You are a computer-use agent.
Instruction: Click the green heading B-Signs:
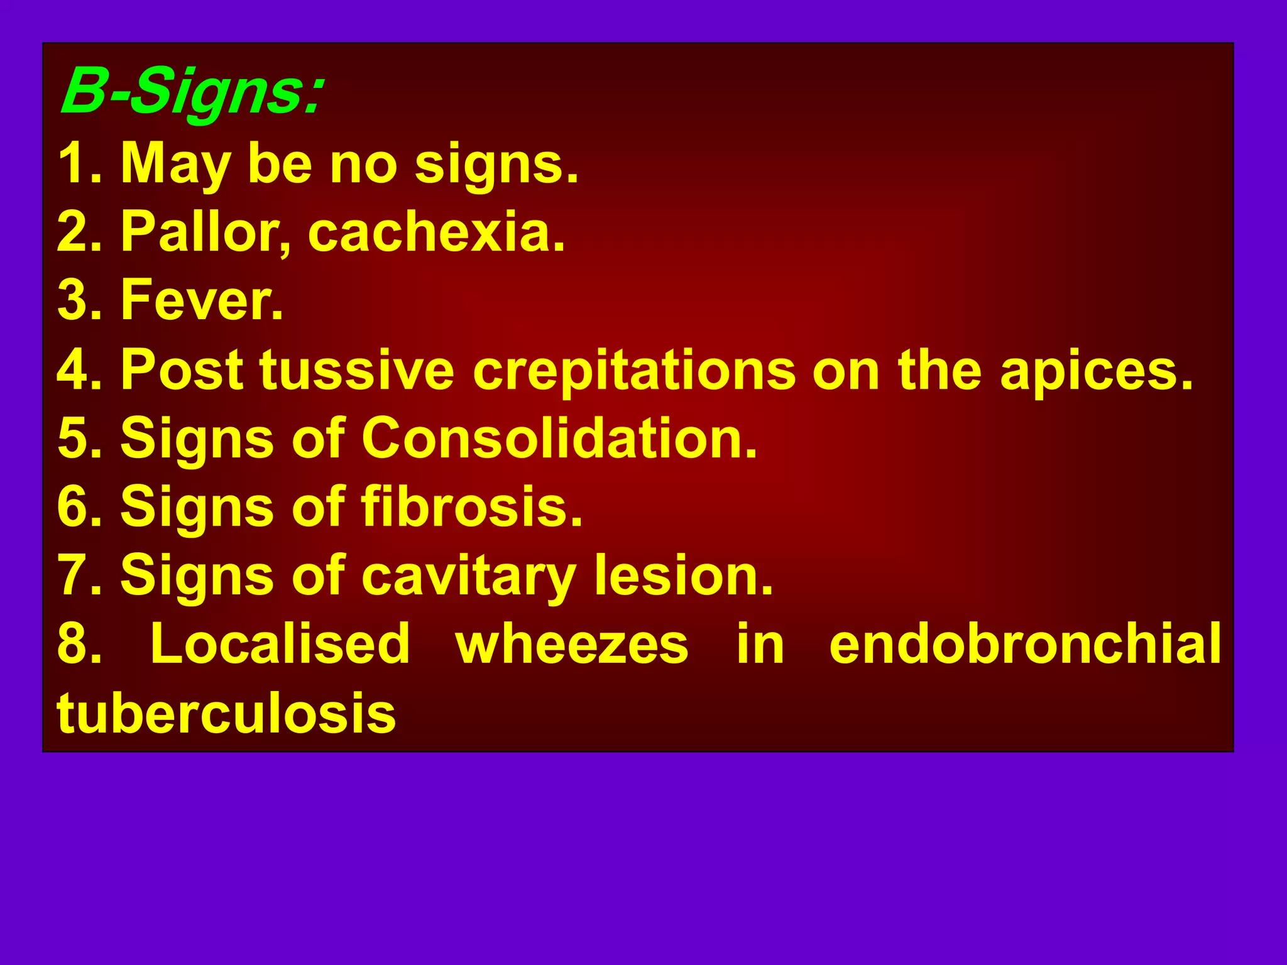(x=192, y=92)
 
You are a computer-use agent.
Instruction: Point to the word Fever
(x=201, y=301)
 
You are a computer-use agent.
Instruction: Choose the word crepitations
(x=634, y=370)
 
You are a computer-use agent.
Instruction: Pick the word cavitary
(x=468, y=577)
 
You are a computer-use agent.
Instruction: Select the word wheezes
(x=572, y=645)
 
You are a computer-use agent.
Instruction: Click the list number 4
(x=75, y=370)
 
